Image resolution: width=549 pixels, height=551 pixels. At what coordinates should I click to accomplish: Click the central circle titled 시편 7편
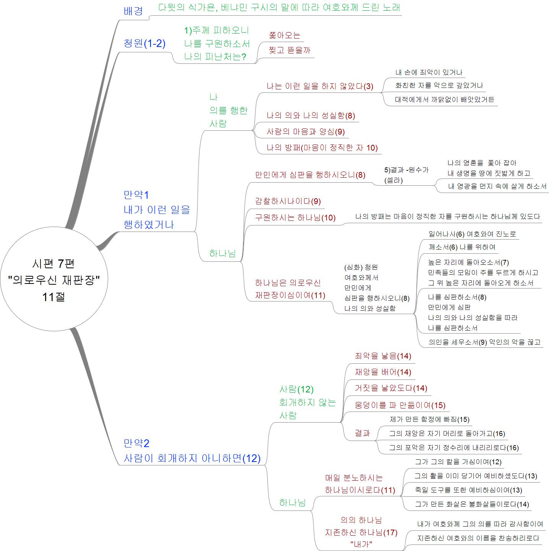pos(54,279)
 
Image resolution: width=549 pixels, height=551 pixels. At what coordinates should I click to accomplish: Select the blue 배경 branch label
pos(133,11)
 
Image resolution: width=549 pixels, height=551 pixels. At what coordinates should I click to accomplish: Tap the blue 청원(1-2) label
pos(144,43)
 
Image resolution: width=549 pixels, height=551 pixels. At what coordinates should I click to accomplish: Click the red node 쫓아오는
pos(285,36)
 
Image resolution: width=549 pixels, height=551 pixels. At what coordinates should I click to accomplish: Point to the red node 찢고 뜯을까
pos(289,50)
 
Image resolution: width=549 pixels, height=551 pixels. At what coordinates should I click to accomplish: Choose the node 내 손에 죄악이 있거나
pos(429,72)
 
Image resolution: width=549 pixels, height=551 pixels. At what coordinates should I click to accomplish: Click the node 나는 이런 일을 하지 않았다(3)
pos(320,86)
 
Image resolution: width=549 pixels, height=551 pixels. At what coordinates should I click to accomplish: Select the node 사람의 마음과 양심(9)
pos(306,131)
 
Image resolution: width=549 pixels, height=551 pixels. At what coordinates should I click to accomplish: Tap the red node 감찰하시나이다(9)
pos(288,201)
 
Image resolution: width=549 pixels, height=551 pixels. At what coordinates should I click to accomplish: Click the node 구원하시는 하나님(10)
pos(295,217)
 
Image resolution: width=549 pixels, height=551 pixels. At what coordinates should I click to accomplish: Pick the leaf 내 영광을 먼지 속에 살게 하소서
pos(497,186)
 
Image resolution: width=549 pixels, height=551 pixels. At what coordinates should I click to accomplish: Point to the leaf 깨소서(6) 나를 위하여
pos(462,247)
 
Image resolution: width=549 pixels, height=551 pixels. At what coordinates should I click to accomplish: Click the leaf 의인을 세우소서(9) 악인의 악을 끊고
pos(484,342)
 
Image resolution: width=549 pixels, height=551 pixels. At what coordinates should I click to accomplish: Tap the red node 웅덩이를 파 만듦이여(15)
pos(400,405)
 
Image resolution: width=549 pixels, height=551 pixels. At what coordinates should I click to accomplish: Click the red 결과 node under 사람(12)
pos(362,433)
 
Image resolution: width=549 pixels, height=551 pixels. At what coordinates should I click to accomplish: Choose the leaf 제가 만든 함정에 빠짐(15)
pos(429,420)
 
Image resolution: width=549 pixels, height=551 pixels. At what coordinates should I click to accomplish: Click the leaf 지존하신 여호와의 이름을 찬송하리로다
pos(478,538)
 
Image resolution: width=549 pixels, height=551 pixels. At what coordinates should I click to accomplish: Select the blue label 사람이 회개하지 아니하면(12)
pos(192,459)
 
